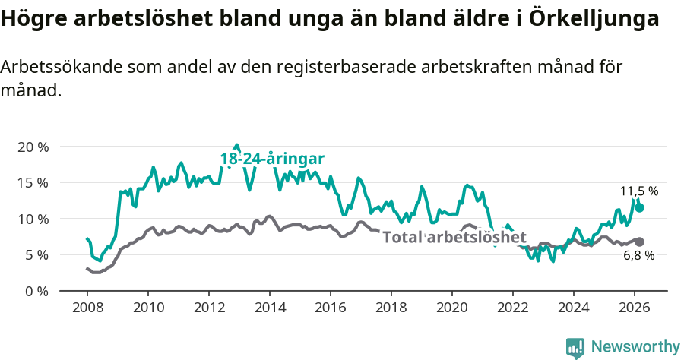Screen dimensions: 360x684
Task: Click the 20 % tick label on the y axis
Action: pos(33,147)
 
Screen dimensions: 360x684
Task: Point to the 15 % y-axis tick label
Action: pos(33,183)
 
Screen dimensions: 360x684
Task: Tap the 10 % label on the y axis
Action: pos(33,219)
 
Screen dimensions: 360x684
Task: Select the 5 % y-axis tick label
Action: pos(36,255)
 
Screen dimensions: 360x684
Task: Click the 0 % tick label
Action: pos(36,291)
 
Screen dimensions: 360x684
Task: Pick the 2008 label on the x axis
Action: pos(87,307)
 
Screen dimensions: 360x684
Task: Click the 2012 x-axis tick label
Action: pos(209,307)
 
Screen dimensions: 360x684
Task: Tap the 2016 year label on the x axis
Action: pos(331,307)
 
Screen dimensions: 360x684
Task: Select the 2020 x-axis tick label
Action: pos(452,307)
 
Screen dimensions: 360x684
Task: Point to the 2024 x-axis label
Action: pos(574,307)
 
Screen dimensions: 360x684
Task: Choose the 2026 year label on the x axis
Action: pos(635,307)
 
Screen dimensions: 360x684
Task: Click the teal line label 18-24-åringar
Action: pos(272,159)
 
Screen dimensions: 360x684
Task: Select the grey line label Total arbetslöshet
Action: pos(454,237)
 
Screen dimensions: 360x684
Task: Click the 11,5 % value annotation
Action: pos(638,191)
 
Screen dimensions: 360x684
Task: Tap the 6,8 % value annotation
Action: pos(639,256)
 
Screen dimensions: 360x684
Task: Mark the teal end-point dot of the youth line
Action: pos(640,207)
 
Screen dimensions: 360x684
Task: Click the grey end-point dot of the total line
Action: pos(640,242)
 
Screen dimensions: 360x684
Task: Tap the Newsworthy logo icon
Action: pos(575,347)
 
